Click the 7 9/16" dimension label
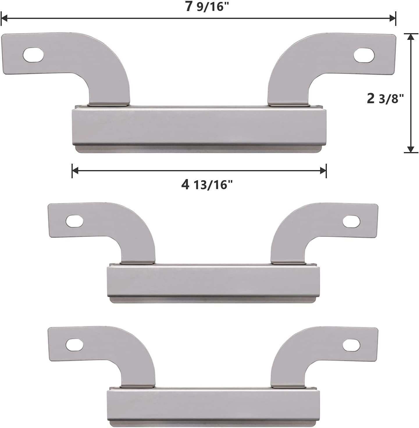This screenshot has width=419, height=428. (x=205, y=7)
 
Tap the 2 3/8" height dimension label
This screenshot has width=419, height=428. (x=385, y=99)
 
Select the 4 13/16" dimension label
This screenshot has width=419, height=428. (x=207, y=185)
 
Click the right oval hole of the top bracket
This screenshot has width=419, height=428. (x=364, y=54)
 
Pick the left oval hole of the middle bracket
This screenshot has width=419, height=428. (x=74, y=221)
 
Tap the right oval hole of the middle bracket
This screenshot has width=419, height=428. (x=351, y=222)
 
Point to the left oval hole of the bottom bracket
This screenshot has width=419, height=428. (x=74, y=345)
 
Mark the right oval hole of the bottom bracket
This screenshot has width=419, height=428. (x=351, y=345)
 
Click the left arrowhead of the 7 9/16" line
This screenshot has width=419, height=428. (x=5, y=19)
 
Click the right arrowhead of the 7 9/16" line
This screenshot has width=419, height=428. (x=392, y=19)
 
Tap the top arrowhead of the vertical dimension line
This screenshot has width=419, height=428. (x=410, y=37)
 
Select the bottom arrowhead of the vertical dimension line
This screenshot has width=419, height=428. (x=410, y=149)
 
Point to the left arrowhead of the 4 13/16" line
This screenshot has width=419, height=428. (x=75, y=171)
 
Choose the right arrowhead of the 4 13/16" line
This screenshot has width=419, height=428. (x=323, y=171)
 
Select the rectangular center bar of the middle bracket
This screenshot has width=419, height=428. (x=213, y=282)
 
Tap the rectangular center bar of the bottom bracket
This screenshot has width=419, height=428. (x=213, y=405)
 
